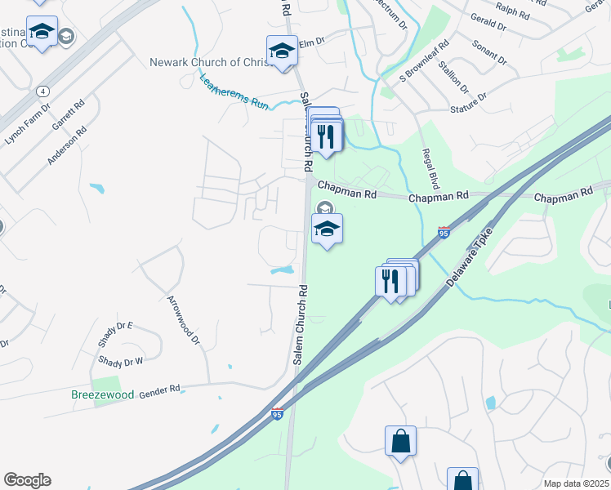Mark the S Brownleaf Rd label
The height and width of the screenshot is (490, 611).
click(x=425, y=60)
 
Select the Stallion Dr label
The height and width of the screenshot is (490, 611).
click(x=453, y=77)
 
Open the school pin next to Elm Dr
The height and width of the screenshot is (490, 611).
click(x=282, y=51)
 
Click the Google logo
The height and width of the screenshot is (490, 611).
click(x=27, y=480)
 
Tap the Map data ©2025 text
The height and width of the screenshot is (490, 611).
click(x=576, y=483)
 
